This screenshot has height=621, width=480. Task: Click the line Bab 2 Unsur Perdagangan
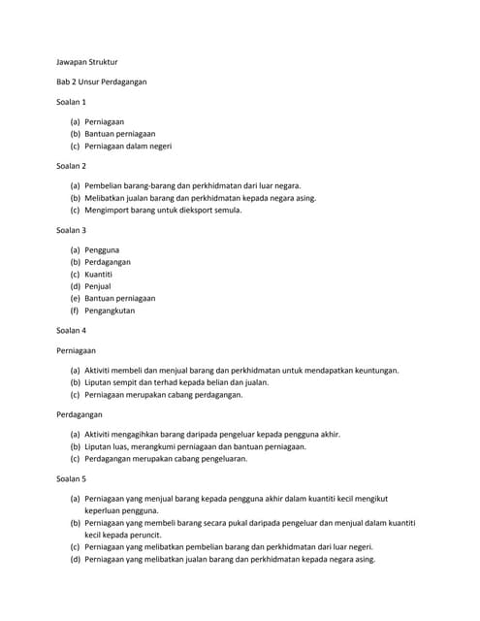tap(102, 82)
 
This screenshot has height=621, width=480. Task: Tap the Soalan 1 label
tap(72, 102)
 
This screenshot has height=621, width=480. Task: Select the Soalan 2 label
tap(72, 166)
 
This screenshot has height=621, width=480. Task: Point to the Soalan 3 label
tap(72, 230)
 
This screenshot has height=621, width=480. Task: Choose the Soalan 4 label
tap(72, 330)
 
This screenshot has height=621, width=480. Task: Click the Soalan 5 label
tap(72, 478)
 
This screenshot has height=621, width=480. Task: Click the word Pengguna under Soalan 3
tap(102, 249)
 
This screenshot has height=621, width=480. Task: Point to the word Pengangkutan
tap(110, 311)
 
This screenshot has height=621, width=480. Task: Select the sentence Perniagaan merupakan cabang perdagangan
tap(163, 395)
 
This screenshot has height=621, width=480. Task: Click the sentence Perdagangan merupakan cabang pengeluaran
tap(167, 459)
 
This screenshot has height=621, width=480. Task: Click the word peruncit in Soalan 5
tap(142, 535)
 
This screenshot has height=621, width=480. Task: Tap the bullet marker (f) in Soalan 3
tap(74, 311)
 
